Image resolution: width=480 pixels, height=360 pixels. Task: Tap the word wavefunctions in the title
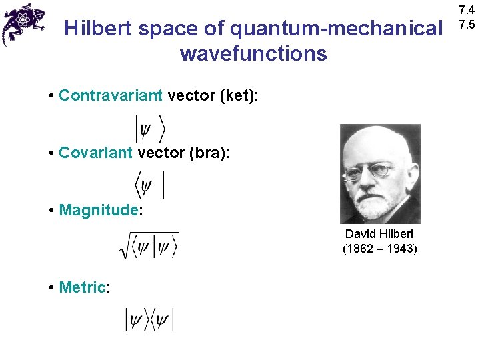[253, 53]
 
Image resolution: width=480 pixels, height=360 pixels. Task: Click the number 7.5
[466, 25]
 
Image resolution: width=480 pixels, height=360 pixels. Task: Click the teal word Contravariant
[110, 95]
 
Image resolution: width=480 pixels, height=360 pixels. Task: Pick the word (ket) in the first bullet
[234, 95]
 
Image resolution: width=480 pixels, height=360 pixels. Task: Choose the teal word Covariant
[95, 153]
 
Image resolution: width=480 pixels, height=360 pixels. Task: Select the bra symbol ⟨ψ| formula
[149, 184]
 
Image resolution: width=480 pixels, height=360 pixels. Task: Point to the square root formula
[148, 245]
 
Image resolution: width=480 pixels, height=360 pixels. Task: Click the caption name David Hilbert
[379, 234]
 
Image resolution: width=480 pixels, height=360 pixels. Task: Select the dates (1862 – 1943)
[379, 249]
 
